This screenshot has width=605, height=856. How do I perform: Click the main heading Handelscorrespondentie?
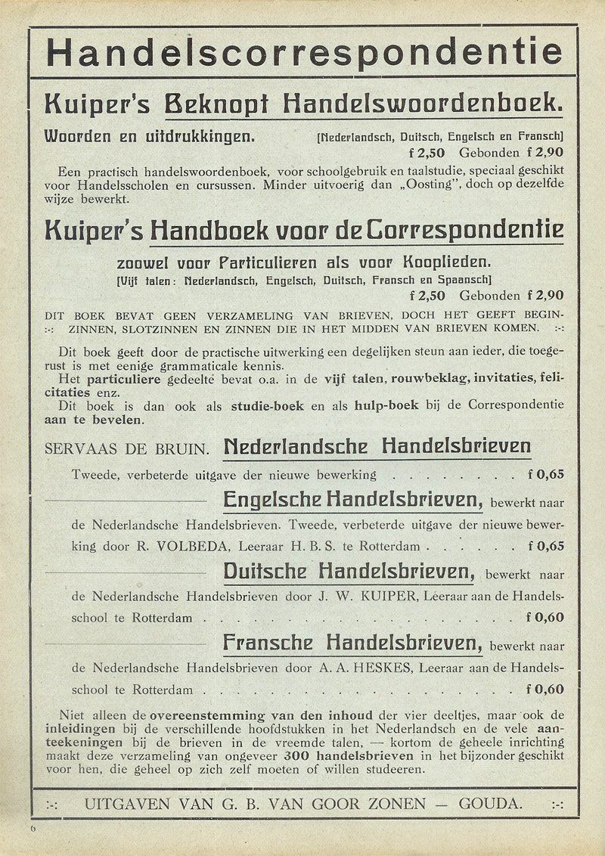pos(304,52)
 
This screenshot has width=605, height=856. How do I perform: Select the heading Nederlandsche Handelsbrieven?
pos(377,447)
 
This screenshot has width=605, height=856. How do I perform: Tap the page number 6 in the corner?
pos(33,830)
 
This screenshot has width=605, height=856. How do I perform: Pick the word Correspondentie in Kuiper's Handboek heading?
pos(461,228)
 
